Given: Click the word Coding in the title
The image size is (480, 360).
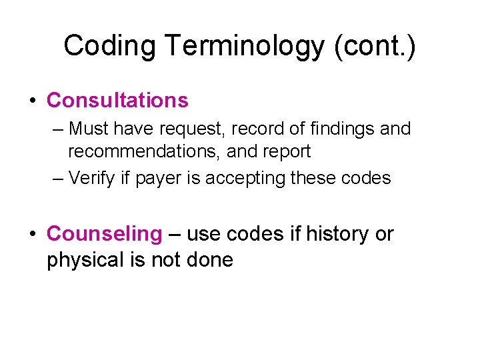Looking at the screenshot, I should (x=109, y=47).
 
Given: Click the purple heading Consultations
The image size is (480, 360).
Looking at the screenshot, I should (x=117, y=101).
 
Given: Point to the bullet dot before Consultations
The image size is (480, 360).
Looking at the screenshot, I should (x=32, y=101).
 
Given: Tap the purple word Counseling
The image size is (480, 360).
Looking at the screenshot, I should (x=105, y=235).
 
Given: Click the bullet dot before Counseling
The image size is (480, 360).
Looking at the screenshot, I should (x=32, y=235).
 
